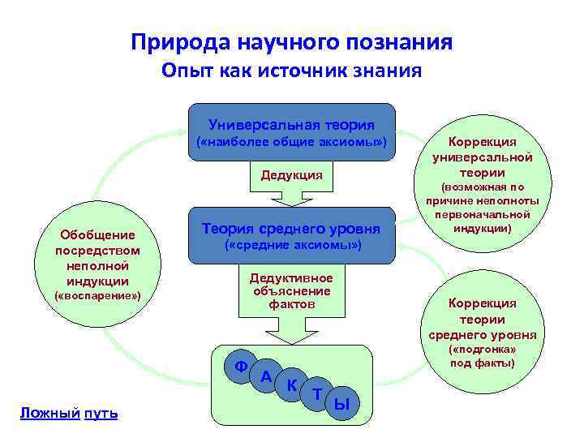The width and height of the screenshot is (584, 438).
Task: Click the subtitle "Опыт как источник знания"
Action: coord(291,71)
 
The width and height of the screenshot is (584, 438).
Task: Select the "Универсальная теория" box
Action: coord(291,125)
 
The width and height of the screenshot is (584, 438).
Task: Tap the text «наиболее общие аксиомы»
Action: coord(291,144)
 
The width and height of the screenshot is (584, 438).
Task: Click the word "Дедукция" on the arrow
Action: coord(291,175)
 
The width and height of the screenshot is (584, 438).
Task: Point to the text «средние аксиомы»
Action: coord(291,245)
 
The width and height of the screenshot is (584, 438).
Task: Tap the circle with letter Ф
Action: coord(241,366)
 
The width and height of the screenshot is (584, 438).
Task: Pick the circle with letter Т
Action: coord(316,393)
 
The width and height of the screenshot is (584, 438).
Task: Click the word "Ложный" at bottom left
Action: coord(49,414)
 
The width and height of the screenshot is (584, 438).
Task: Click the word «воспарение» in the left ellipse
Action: coord(97,297)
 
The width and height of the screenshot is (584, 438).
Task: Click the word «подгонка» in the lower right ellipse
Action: coord(483,350)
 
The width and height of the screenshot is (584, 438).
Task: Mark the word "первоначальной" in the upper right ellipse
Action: coord(483,215)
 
